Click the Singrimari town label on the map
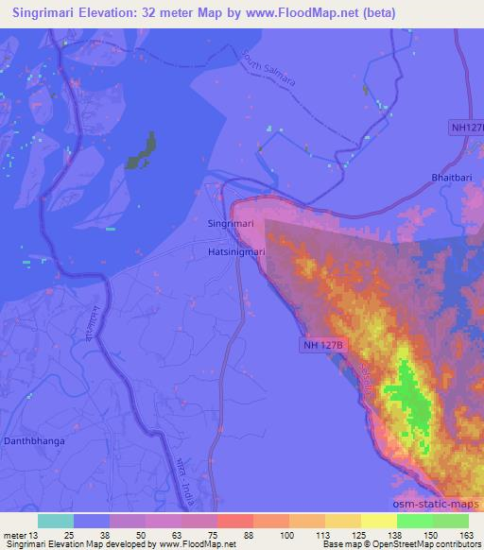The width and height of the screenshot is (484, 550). pyautogui.click(x=231, y=223)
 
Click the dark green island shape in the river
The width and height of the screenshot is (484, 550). pyautogui.click(x=141, y=150)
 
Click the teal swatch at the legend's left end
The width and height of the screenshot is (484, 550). pyautogui.click(x=55, y=521)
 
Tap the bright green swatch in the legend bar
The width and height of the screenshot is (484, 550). pyautogui.click(x=415, y=521)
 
